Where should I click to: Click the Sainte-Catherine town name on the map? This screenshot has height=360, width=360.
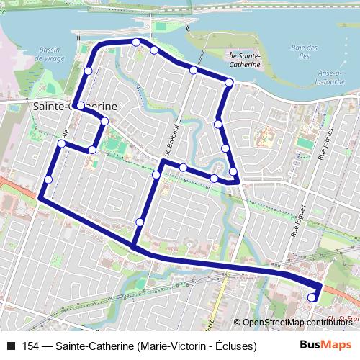pos(75,105)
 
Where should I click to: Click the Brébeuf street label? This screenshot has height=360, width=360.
pos(168,143)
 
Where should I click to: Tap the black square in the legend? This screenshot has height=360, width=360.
pos(10,346)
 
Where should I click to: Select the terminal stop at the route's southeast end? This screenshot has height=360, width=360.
pos(312,297)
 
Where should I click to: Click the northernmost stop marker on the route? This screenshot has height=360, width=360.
pos(136,42)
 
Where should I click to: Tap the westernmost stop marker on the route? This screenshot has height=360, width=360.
pos(48,179)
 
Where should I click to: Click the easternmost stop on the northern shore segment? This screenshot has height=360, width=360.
pos(229,83)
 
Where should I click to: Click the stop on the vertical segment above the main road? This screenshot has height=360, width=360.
pos(140,222)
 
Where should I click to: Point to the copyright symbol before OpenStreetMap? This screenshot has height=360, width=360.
pos(238,323)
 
